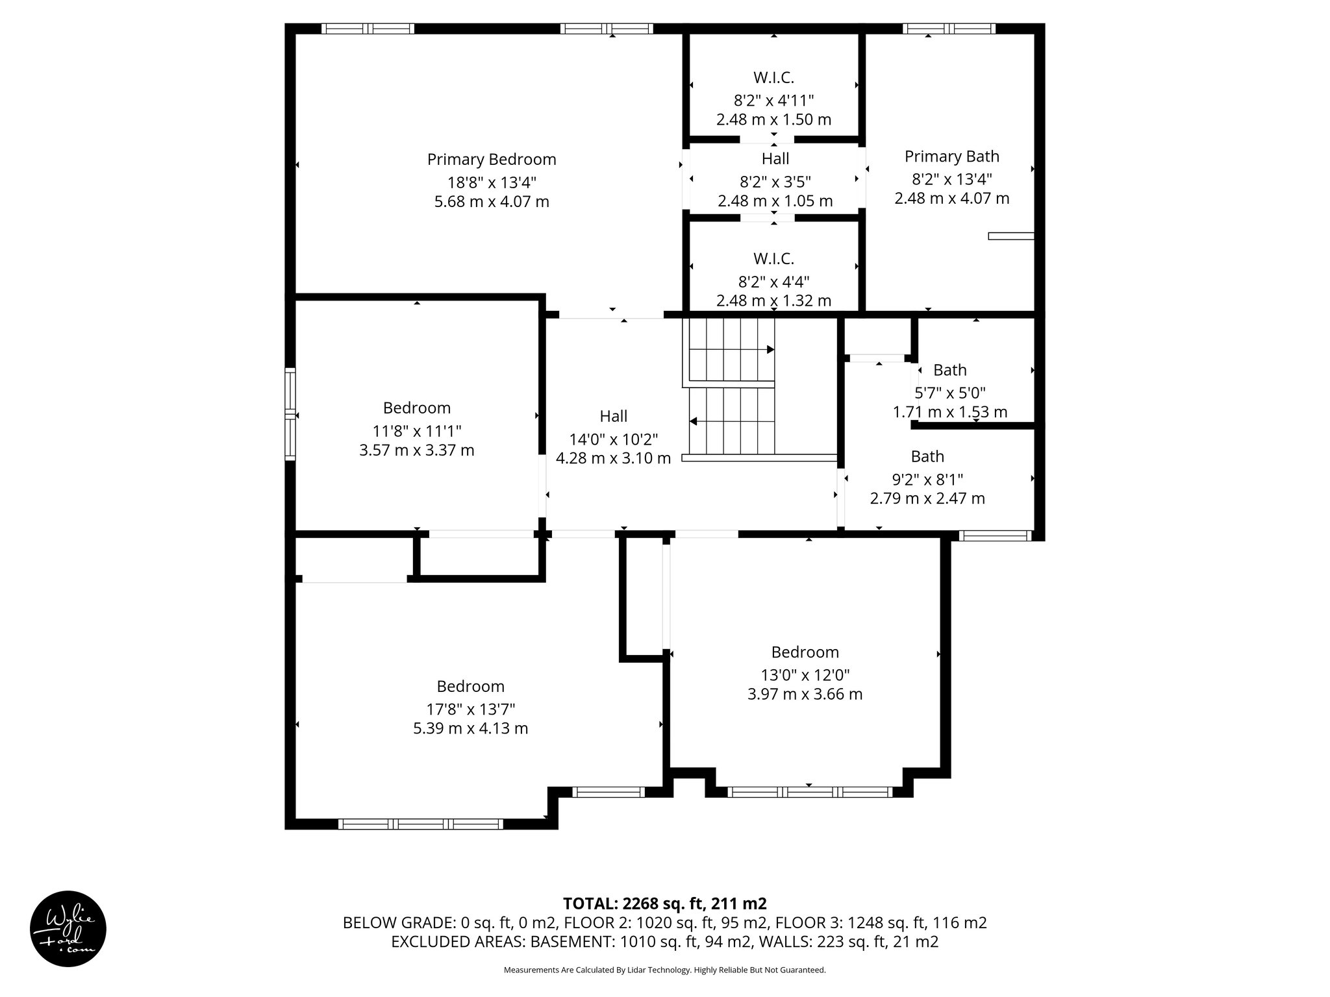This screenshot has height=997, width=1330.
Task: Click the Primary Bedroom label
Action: [x=492, y=159]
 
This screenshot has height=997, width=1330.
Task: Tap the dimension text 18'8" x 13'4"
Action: [x=492, y=182]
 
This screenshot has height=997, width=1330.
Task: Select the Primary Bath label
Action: [x=951, y=156]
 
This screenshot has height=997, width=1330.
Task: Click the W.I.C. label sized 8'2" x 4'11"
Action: [x=773, y=77]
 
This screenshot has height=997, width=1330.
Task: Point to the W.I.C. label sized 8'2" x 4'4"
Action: [x=773, y=258]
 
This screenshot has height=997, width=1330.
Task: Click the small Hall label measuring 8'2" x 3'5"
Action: [x=775, y=158]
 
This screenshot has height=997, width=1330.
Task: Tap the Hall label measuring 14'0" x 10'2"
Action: [x=613, y=416]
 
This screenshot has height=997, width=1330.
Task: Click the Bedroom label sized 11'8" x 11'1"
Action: [x=416, y=408]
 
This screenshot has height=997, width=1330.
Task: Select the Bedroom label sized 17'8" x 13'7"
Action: [x=470, y=686]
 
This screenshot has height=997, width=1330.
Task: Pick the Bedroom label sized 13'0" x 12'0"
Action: [x=805, y=652]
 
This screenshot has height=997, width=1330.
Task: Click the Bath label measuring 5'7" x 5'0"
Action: [x=949, y=370]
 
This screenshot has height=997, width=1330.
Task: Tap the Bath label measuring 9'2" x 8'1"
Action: [x=927, y=456]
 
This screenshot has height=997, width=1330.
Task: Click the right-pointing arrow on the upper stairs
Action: [x=770, y=349]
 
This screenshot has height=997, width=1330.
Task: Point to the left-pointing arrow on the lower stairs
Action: [x=693, y=421]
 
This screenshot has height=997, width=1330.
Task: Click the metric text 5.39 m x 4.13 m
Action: [x=470, y=728]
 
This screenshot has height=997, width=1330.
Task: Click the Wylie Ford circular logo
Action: [x=68, y=929]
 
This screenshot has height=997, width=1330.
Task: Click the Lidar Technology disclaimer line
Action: [x=664, y=970]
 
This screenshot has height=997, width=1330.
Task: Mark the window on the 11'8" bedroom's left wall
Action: [x=290, y=414]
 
